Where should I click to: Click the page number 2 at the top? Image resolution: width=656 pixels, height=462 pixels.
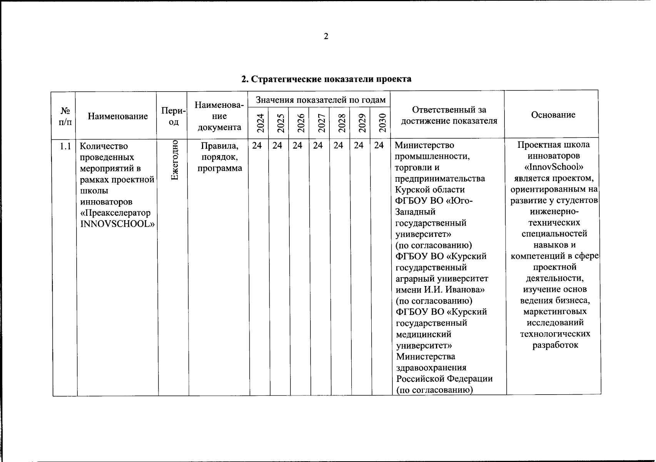(326, 37)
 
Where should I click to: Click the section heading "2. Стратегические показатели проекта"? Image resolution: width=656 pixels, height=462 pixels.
(326, 79)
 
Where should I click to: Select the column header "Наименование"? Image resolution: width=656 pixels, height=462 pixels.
(118, 116)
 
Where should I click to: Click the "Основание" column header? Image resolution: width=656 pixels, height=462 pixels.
(553, 115)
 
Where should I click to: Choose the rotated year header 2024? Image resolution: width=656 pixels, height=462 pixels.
(260, 123)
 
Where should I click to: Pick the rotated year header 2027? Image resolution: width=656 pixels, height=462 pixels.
(321, 123)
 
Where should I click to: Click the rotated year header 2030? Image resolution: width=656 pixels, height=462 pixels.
(382, 123)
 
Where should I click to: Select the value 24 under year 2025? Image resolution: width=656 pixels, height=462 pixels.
(277, 146)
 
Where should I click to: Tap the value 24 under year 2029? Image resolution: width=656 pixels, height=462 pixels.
(359, 146)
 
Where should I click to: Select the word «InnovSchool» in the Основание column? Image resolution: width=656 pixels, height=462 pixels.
(554, 167)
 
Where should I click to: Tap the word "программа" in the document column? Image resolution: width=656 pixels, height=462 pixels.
(220, 168)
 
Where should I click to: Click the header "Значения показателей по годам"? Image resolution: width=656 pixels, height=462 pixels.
(320, 100)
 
